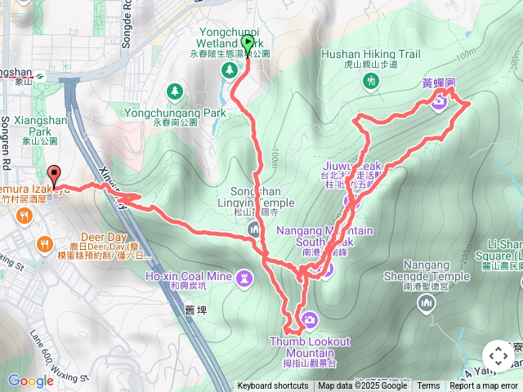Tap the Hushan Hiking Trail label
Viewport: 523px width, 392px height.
click(370, 55)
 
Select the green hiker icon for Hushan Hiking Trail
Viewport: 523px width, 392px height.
click(372, 80)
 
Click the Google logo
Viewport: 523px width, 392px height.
click(30, 381)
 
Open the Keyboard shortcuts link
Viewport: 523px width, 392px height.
click(274, 386)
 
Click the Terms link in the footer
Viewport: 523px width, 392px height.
click(428, 386)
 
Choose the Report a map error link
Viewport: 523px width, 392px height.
click(485, 386)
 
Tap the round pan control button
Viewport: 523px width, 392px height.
click(498, 355)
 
